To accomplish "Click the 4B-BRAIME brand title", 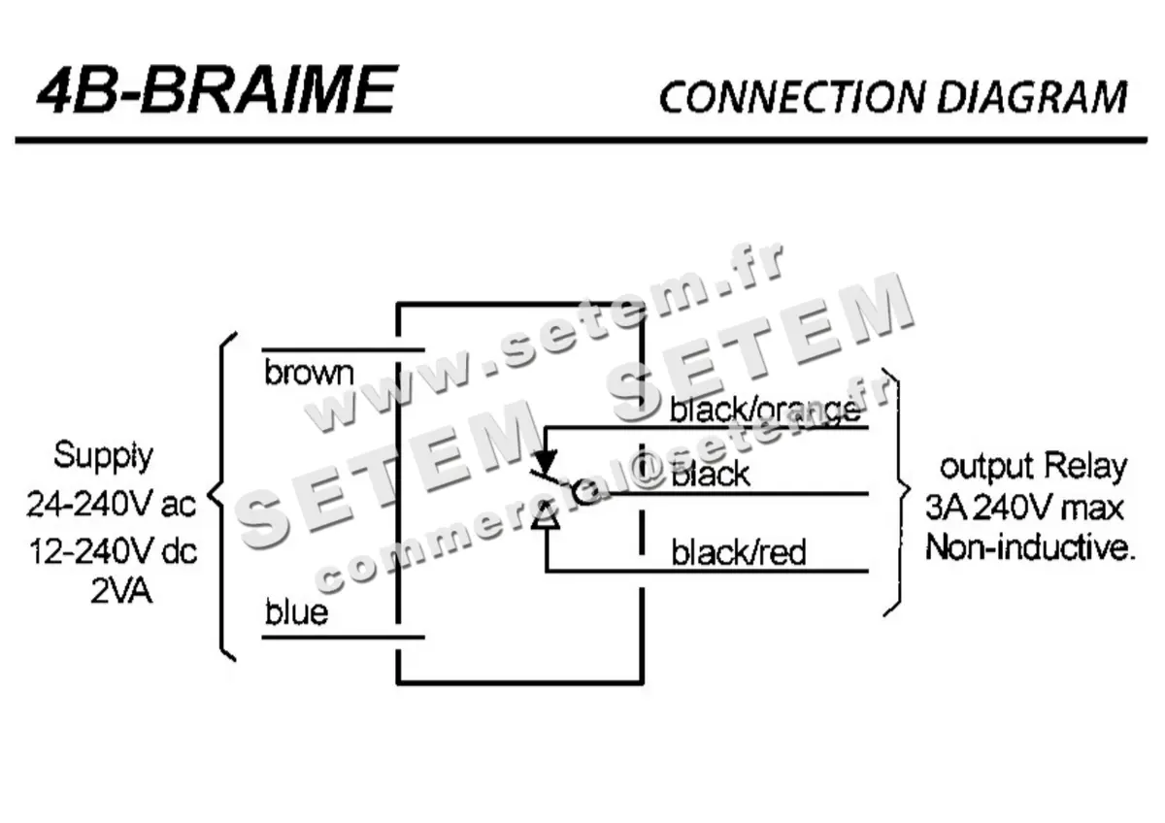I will [x=216, y=90].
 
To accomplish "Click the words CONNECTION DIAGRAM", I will [x=892, y=97].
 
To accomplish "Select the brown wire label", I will [x=309, y=373].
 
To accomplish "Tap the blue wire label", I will [x=296, y=613].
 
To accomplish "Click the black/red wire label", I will [x=738, y=553].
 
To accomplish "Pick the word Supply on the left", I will [x=103, y=455].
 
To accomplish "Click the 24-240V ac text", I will [x=111, y=505].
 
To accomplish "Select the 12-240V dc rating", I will [x=111, y=551].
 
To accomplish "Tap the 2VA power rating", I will [x=121, y=591].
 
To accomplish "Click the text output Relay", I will [x=1033, y=467].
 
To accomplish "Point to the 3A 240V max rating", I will [x=1024, y=508].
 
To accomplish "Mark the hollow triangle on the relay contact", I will [x=546, y=515].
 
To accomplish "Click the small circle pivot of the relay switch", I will [x=583, y=493].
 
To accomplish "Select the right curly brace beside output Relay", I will [x=895, y=491].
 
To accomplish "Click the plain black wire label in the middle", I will [x=711, y=475].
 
